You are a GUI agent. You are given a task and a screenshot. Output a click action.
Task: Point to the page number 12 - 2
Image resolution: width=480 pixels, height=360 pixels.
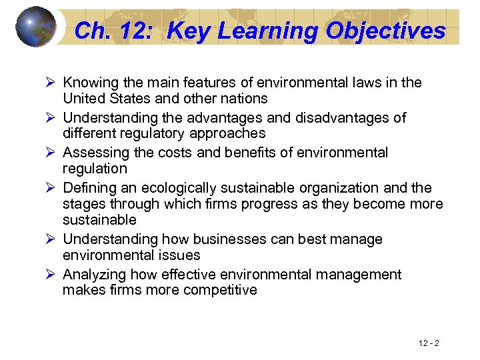[429, 343]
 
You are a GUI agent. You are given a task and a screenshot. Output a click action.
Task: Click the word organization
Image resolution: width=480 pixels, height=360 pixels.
[345, 188]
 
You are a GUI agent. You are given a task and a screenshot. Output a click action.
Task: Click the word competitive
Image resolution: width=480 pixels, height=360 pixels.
[221, 290]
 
